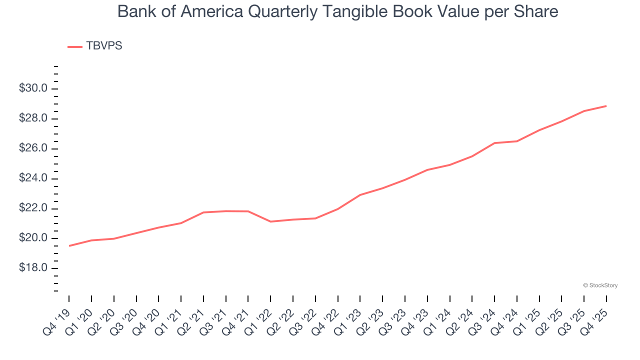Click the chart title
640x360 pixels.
[x=337, y=11]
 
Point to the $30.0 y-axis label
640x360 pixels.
[x=33, y=88]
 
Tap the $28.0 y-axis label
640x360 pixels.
[x=33, y=118]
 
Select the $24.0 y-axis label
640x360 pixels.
[x=33, y=178]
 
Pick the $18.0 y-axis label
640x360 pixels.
[x=33, y=268]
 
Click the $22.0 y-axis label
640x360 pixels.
[x=33, y=208]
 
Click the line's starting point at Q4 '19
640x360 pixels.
[x=69, y=245]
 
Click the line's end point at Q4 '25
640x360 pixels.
[x=606, y=106]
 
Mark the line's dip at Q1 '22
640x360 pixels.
[x=270, y=221]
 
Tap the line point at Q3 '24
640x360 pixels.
[x=494, y=143]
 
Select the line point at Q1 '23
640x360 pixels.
[x=360, y=195]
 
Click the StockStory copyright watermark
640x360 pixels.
[x=600, y=285]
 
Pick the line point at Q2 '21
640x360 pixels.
[x=203, y=212]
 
